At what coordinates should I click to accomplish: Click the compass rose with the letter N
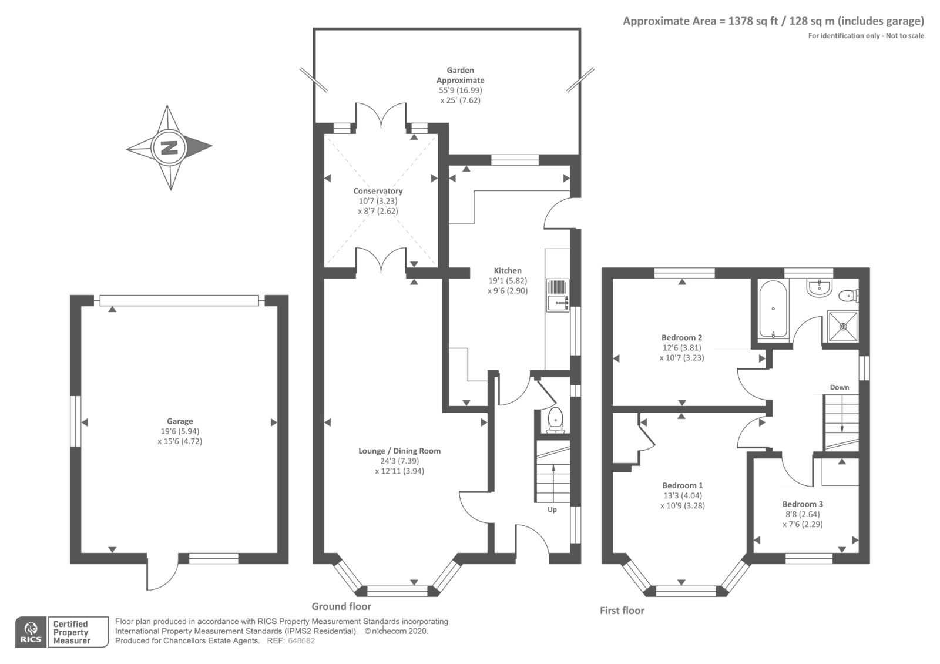click(169, 147)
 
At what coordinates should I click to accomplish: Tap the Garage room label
click(180, 421)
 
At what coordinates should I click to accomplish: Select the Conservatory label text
click(378, 191)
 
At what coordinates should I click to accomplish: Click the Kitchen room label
click(508, 271)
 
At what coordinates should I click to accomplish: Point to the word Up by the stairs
click(552, 509)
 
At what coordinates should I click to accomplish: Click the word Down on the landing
click(839, 387)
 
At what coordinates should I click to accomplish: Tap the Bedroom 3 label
click(803, 504)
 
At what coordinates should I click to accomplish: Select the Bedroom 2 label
click(681, 338)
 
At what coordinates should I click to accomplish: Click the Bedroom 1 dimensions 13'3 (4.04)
click(682, 495)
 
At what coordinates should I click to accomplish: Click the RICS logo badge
click(31, 632)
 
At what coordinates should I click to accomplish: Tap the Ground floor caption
click(341, 606)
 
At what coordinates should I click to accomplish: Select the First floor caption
click(622, 611)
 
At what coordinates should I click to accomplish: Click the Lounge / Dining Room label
click(399, 451)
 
